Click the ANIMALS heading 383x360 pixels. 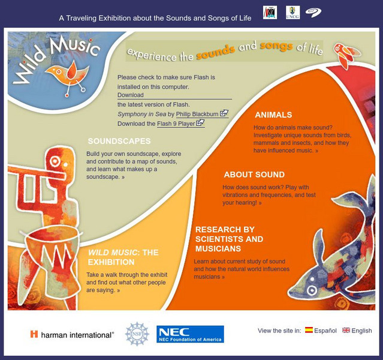point(273,115)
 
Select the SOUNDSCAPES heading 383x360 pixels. point(119,141)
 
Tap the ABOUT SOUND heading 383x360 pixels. point(254,175)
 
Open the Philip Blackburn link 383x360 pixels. point(197,114)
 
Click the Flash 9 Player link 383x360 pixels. point(176,124)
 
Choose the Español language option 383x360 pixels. point(325,331)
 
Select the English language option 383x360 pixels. point(361,331)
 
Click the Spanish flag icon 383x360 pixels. point(309,330)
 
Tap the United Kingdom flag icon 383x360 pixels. point(346,330)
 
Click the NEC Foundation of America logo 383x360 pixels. point(190,334)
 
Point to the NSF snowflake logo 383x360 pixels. point(137,334)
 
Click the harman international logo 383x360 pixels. point(72,335)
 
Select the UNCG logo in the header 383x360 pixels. point(292,13)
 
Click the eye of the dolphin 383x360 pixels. point(312,290)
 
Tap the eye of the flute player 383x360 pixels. point(55,161)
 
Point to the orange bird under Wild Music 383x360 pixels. point(67,72)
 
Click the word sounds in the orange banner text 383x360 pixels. point(215,52)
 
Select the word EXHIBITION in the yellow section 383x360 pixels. point(111,262)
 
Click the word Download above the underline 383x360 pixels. point(131,95)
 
